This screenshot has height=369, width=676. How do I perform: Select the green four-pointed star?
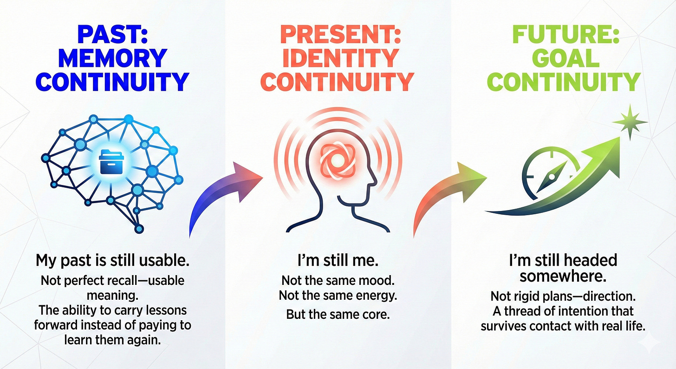pyautogui.click(x=630, y=122)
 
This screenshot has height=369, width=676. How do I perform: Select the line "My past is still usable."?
pyautogui.click(x=112, y=261)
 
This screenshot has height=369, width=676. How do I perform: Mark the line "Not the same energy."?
pyautogui.click(x=338, y=296)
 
